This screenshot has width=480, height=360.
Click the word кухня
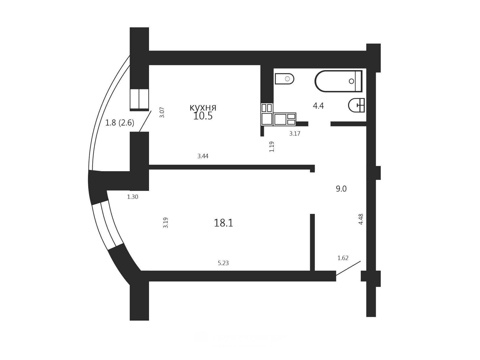pos(203,108)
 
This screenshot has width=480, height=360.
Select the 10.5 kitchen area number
pos(203,116)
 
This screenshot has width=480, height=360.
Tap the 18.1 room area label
pos(223,223)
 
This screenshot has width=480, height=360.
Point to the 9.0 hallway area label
pos(341,189)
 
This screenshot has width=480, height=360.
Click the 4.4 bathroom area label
pos(318,106)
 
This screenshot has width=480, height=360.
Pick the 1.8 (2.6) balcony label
pos(119,123)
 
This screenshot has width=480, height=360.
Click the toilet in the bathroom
pos(284,79)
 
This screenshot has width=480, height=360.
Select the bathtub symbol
pos(338,81)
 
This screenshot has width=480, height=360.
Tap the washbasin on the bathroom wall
pos(356,105)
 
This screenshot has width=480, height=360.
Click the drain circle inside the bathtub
pos(352,81)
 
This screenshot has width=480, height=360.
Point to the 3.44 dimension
pos(203,156)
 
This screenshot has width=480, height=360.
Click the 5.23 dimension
pos(223,263)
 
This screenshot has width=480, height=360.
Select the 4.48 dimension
pos(361,219)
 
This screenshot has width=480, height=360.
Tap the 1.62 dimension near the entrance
pos(343,258)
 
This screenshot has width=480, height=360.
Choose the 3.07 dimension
pos(162,112)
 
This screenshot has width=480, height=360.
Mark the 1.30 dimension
pos(133,197)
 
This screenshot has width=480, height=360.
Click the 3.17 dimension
pos(295,134)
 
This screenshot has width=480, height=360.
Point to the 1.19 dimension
pos(271,147)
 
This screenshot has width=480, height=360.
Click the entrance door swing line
pos(348,268)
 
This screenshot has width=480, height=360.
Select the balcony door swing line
pos(145,121)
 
